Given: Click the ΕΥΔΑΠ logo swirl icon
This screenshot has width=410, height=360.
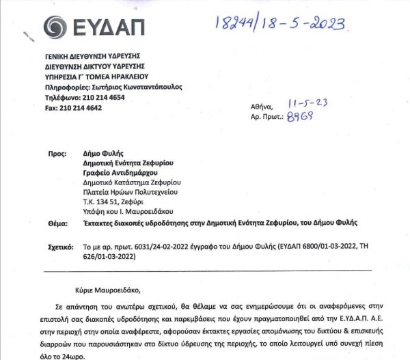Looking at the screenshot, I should (56, 27).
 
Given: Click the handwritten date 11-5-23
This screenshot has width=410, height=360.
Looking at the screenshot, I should (310, 102).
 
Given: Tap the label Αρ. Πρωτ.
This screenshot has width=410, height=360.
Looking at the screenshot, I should (266, 117).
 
